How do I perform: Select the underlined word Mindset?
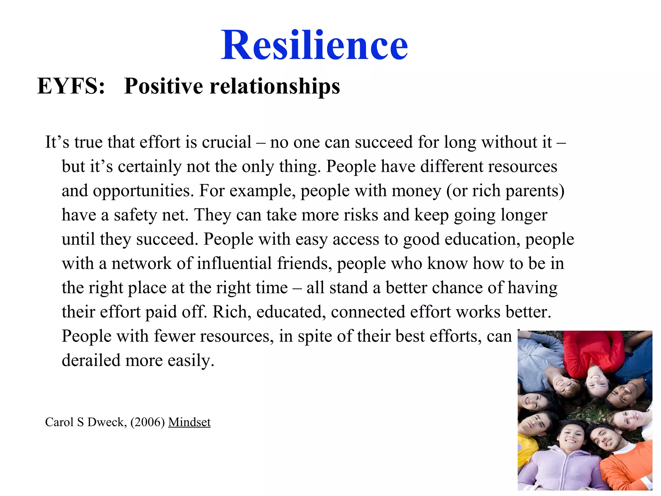click(189, 422)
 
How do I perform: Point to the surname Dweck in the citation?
click(107, 422)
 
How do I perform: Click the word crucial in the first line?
click(227, 142)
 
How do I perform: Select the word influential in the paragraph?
click(234, 263)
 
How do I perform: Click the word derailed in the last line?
click(91, 360)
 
